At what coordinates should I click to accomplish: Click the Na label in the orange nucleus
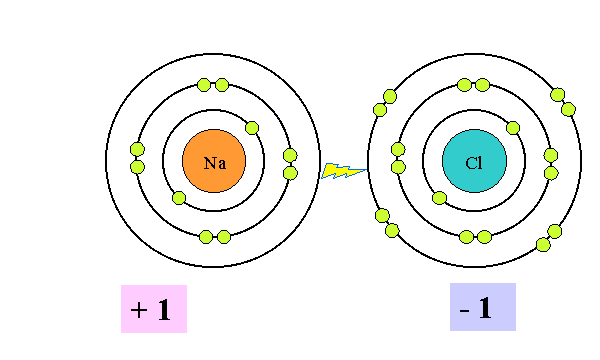tap(214, 162)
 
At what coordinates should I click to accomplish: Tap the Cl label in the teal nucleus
tap(474, 162)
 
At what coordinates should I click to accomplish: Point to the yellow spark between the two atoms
tap(342, 171)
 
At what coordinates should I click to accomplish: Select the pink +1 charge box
tap(154, 309)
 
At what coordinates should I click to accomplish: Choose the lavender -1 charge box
tap(482, 307)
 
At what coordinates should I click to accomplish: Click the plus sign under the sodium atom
tap(137, 310)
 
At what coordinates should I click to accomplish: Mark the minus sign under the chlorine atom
tap(465, 309)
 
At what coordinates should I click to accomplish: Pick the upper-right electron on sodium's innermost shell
tap(252, 127)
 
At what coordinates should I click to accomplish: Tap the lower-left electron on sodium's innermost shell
tap(178, 197)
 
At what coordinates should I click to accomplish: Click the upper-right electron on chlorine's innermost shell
tap(513, 127)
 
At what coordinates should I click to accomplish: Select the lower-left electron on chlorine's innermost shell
tap(439, 197)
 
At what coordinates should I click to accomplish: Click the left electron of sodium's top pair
tap(205, 85)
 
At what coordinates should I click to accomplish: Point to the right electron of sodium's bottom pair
tap(224, 237)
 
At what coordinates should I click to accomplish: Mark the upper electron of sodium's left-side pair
tap(138, 150)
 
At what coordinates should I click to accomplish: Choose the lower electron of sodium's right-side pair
tap(290, 173)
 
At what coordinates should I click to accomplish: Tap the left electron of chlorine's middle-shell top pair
tap(466, 85)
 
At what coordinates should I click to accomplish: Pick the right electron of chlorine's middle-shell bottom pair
tap(484, 237)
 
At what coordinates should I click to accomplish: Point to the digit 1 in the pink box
tap(164, 310)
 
